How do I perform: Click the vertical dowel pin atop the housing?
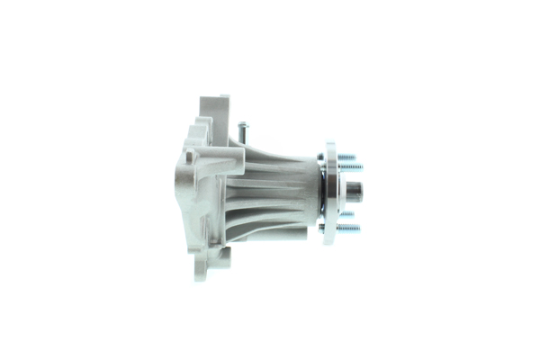click(x=241, y=132)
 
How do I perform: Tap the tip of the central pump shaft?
click(x=357, y=190)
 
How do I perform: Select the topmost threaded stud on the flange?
click(x=347, y=157)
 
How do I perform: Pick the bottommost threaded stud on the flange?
click(x=348, y=228)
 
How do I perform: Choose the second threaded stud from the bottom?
click(x=348, y=215)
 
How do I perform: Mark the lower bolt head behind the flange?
click(x=322, y=227)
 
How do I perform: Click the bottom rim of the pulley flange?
click(x=330, y=238)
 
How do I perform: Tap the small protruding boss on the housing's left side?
click(x=188, y=157)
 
